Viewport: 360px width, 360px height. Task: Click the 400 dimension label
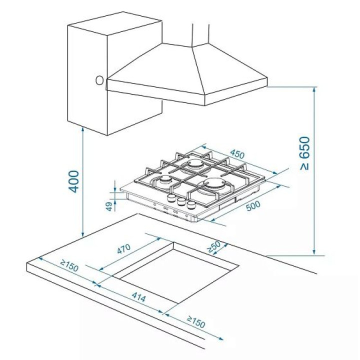tap(74, 181)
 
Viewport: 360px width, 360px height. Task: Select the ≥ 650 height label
tap(305, 153)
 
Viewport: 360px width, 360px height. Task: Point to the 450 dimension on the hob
tap(237, 154)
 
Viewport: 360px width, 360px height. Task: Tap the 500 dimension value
tap(253, 205)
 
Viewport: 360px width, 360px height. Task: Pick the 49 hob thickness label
tap(109, 206)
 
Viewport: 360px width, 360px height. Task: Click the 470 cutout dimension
tap(124, 248)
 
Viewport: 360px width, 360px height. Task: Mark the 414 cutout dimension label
tap(138, 297)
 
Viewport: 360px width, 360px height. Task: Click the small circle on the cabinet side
tap(99, 81)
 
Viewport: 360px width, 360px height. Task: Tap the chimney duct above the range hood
tap(200, 34)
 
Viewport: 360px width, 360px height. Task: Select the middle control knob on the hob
tap(181, 201)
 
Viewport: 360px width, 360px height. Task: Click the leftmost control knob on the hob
tap(171, 198)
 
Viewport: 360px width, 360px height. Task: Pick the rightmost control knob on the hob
tap(191, 205)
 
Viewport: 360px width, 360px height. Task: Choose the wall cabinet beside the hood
tap(115, 73)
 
